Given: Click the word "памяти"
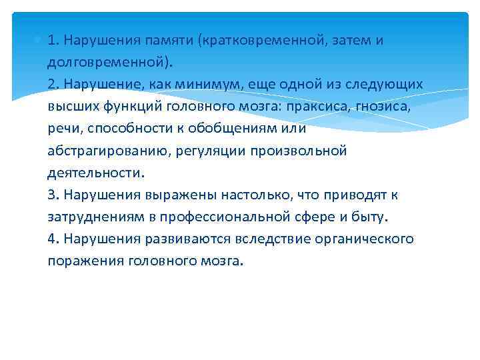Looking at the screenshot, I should (169, 40).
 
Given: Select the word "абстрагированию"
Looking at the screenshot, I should (107, 150).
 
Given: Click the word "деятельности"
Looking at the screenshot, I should (94, 173).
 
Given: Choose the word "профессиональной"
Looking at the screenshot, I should (230, 217).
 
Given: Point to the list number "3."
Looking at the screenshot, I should (54, 195).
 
